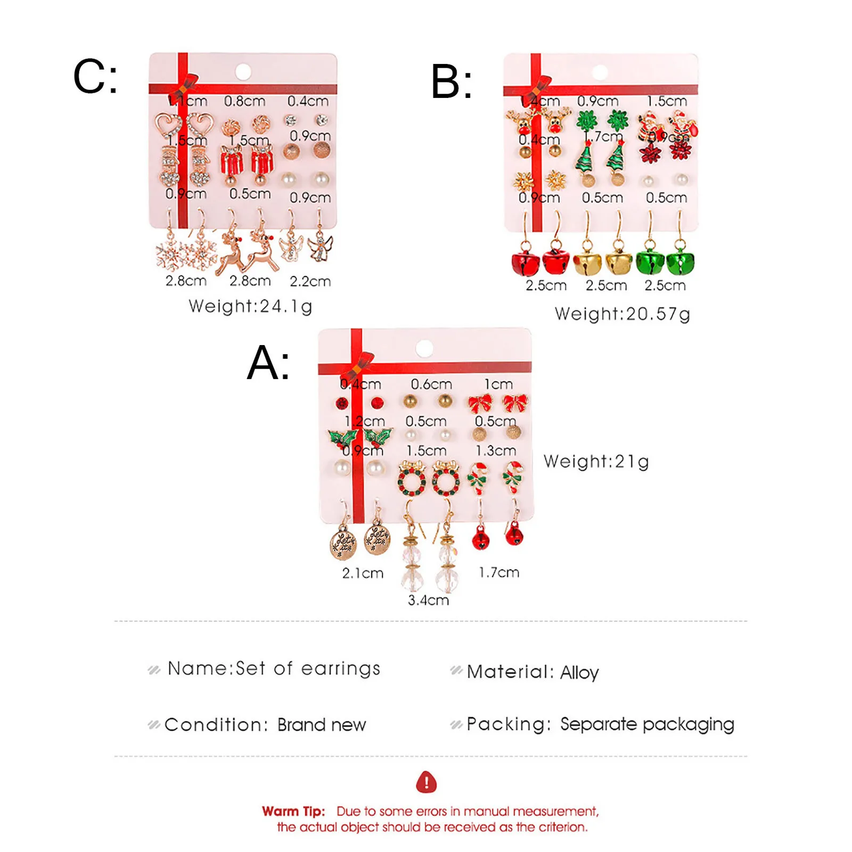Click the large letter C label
coord(95,77)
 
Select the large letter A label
coord(268,363)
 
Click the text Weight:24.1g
coord(250,306)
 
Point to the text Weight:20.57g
coord(622,314)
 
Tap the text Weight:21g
coord(596,461)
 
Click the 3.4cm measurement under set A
coord(428,600)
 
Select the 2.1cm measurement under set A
coord(363,573)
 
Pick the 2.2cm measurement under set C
coord(310,281)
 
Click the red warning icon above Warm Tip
coord(426,782)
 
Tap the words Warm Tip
coord(293,811)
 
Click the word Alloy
coord(579,673)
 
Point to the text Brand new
coord(321,725)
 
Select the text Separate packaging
coord(647,724)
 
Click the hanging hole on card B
coord(600,72)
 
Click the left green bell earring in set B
coord(649,259)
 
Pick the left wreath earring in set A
coord(412,478)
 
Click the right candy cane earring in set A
coord(513,476)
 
